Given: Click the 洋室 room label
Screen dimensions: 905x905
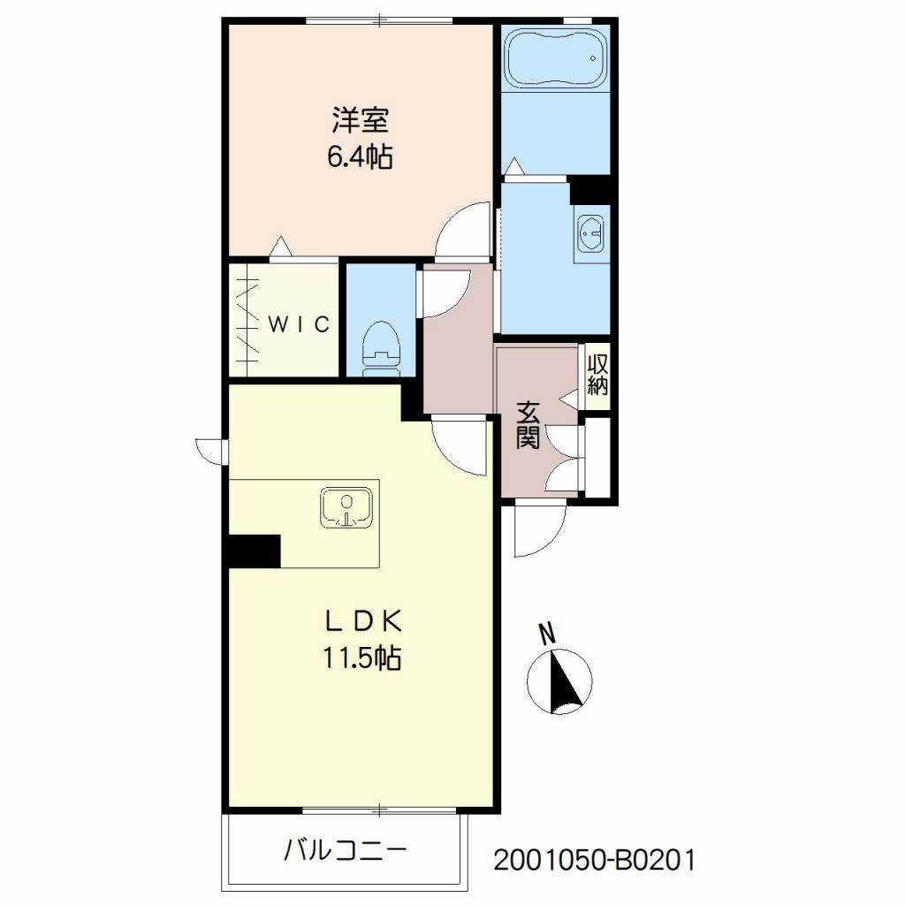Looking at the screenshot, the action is coord(360,120).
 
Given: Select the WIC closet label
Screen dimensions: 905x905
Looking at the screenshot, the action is coord(299,324).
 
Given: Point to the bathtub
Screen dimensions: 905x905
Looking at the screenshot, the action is coord(556,59).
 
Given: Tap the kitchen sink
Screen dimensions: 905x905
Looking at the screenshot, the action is coord(346,508).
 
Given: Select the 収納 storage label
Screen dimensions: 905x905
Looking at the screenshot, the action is coord(597,375).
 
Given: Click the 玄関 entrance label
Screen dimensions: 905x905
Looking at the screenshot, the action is coord(528,425).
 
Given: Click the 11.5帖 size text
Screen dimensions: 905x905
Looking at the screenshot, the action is coord(361,658).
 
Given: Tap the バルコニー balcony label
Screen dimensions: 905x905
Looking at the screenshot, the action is coord(346,850).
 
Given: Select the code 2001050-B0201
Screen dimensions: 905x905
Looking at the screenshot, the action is coord(594,860).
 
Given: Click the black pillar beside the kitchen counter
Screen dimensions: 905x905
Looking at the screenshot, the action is coord(255,551).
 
